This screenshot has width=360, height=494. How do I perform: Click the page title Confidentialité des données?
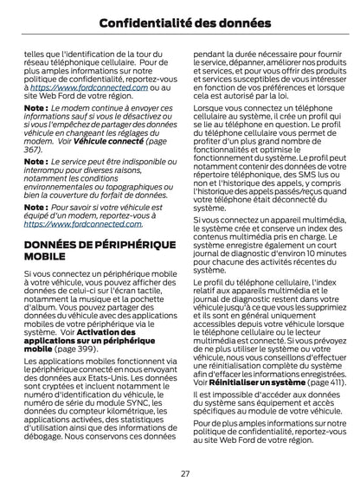179,20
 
